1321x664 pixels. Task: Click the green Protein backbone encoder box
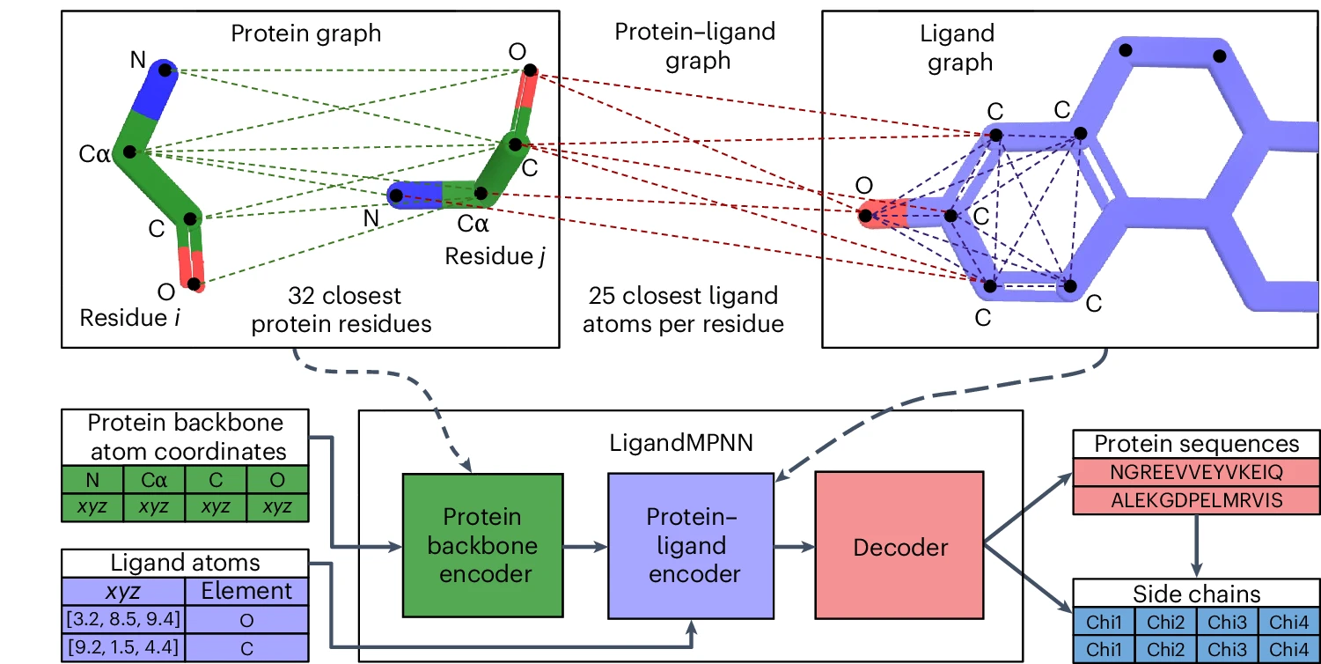pyautogui.click(x=481, y=544)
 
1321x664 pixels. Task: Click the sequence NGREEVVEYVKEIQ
pyautogui.click(x=1196, y=472)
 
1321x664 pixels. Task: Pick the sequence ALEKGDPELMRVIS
pyautogui.click(x=1196, y=500)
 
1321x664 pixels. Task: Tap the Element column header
pyautogui.click(x=247, y=591)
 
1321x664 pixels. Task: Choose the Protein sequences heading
pyautogui.click(x=1196, y=444)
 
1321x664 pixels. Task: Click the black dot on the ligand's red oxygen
pyautogui.click(x=865, y=215)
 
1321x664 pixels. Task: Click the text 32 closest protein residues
pyautogui.click(x=341, y=309)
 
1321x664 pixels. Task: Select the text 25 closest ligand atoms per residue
pyautogui.click(x=684, y=309)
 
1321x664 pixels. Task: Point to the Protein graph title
pyautogui.click(x=306, y=33)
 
